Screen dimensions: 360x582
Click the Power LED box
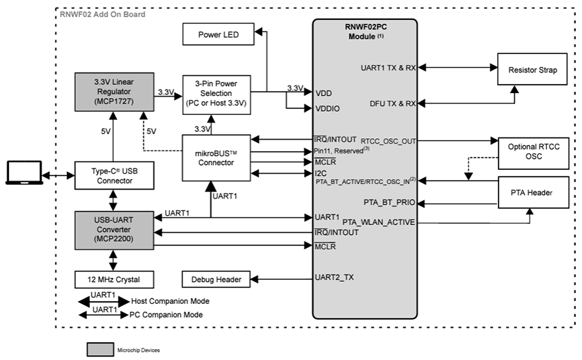coord(218,34)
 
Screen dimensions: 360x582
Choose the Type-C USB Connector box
coord(113,175)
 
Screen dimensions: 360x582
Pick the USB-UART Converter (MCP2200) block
coord(113,230)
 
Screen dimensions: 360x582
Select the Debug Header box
coord(216,279)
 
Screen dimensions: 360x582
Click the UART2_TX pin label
coord(335,278)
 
